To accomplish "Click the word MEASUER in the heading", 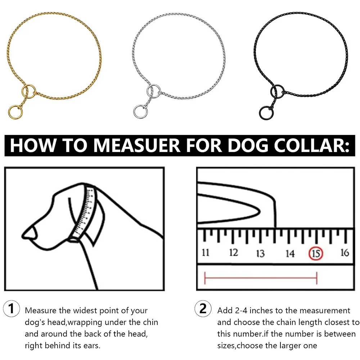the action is (137, 145).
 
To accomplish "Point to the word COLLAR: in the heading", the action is (311, 145).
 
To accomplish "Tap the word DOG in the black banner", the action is (248, 145).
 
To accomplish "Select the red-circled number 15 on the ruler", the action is (316, 253).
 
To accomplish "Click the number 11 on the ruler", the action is (206, 253).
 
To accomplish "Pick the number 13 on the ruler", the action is (260, 253).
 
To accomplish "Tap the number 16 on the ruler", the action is (345, 253).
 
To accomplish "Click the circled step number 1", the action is (11, 309).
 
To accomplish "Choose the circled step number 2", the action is (203, 309).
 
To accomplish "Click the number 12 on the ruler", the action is (234, 253).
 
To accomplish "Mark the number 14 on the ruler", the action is (290, 253).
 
